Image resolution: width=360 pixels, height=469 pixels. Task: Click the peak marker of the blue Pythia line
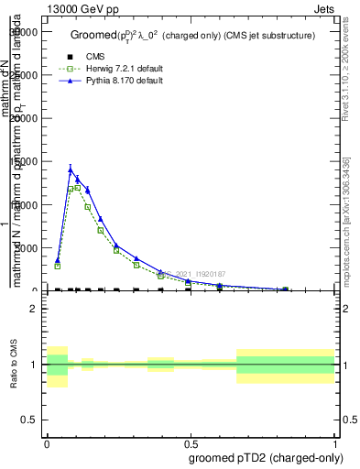pos(71,169)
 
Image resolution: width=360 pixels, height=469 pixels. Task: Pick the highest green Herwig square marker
pos(77,188)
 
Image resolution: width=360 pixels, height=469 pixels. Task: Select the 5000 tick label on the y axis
pos(29,248)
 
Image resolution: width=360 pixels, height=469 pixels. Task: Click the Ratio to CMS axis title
pos(14,365)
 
